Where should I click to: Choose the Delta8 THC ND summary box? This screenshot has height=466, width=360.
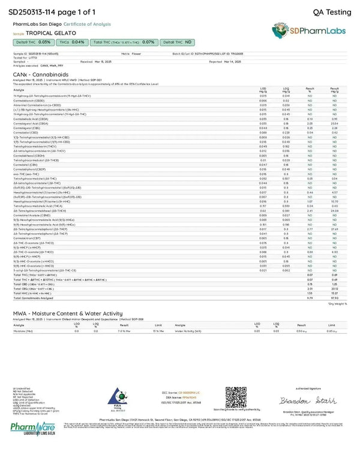coord(177,43)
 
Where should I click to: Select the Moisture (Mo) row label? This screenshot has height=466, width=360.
coord(23,331)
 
